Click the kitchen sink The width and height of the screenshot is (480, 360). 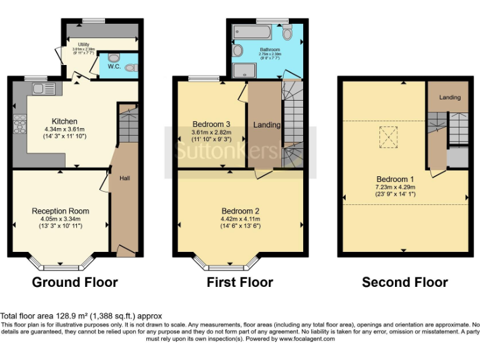[x=44, y=88]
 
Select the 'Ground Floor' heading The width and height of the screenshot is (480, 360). [x=75, y=282]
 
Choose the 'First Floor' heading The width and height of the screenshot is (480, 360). [x=240, y=282]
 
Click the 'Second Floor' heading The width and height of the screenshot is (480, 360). [x=405, y=282]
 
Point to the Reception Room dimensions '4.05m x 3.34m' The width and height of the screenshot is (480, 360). [x=61, y=219]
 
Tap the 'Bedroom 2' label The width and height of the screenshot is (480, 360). [x=240, y=211]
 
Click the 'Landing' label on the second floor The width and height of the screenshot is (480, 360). [x=449, y=97]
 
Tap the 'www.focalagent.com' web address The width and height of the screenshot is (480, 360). [x=307, y=339]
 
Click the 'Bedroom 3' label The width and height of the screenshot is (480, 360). [x=211, y=123]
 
